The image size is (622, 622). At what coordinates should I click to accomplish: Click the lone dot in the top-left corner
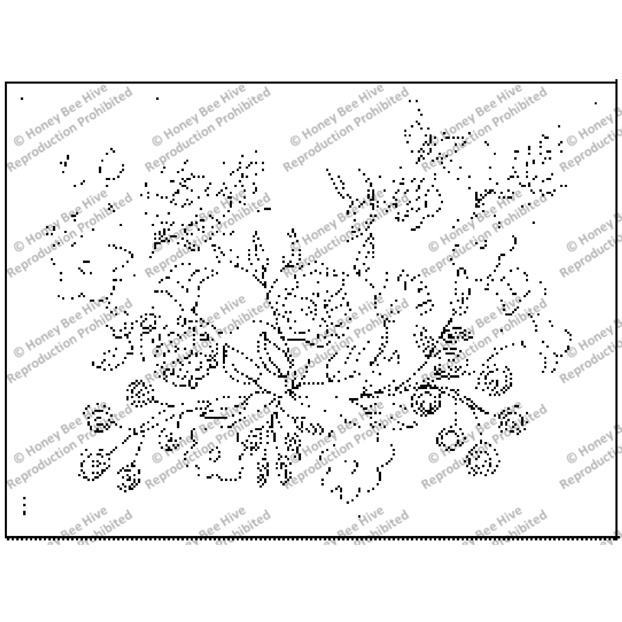click(x=22, y=99)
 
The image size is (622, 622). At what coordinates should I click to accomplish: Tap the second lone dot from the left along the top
click(x=158, y=99)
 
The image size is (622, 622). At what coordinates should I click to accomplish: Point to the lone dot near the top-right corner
click(x=596, y=103)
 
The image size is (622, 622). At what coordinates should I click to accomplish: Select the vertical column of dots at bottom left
click(x=24, y=506)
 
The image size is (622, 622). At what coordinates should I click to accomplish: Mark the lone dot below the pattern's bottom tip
click(x=359, y=517)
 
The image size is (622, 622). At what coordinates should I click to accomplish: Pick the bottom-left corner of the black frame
click(x=6, y=537)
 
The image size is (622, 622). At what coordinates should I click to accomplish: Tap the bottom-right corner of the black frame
click(x=616, y=537)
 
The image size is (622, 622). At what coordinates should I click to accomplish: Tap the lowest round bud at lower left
click(x=129, y=479)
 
